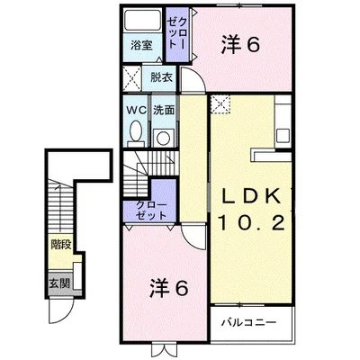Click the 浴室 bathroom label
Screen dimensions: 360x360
141,46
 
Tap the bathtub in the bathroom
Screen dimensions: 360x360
143,20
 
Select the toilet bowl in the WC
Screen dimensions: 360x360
136,131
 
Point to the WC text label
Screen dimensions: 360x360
136,110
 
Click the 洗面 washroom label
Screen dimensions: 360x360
164,110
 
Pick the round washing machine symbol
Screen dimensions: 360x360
164,138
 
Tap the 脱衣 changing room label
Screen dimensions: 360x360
161,77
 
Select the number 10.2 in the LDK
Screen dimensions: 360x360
251,223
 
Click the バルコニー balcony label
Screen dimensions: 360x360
248,323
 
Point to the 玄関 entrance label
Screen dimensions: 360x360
59,283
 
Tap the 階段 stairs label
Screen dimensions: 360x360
61,245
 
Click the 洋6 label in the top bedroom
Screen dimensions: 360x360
240,46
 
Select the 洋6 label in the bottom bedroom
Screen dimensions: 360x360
169,288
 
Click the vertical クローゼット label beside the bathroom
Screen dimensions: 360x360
177,32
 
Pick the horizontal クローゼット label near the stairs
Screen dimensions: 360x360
151,211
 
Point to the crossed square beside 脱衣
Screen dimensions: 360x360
132,78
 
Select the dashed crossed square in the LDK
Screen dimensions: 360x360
220,104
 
